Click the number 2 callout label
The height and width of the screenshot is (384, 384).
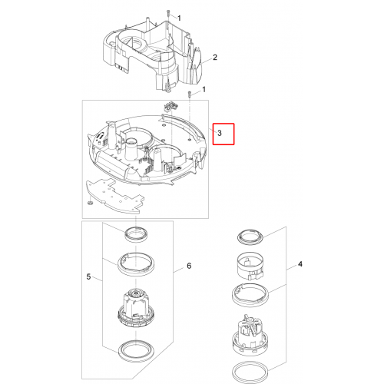(x=215, y=58)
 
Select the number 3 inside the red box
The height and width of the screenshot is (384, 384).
(x=220, y=133)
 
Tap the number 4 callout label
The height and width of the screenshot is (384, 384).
(x=300, y=264)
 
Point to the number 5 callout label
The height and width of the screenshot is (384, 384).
(x=88, y=276)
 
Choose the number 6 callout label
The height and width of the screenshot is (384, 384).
(x=189, y=266)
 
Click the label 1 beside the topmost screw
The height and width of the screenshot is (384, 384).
(x=179, y=18)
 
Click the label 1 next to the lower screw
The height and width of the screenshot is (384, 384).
(x=204, y=90)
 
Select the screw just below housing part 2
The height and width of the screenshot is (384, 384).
(x=190, y=94)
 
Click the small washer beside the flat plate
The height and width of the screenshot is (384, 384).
(x=90, y=203)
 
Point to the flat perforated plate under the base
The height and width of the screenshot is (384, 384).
(x=114, y=196)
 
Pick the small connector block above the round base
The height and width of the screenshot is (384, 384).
(x=170, y=107)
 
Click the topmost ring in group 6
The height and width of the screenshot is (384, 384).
(x=136, y=233)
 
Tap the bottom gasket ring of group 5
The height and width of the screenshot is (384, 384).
(x=136, y=351)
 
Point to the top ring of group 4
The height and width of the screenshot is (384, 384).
(x=249, y=237)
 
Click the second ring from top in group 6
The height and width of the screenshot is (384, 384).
(x=136, y=264)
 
